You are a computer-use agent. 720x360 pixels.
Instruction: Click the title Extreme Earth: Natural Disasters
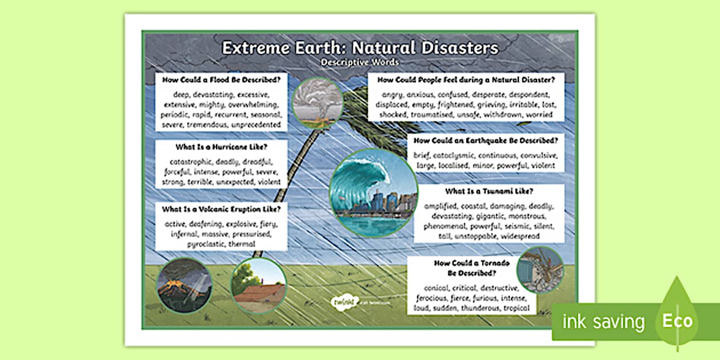pyautogui.click(x=360, y=47)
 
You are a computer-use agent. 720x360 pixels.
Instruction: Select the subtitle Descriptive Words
pyautogui.click(x=360, y=62)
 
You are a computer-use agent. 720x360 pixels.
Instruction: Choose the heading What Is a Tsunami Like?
pyautogui.click(x=493, y=191)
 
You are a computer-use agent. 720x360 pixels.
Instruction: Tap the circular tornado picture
pyautogui.click(x=317, y=103)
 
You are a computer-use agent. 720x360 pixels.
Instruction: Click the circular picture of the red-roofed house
pyautogui.click(x=258, y=286)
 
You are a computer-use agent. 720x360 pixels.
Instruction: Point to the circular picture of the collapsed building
pyautogui.click(x=540, y=270)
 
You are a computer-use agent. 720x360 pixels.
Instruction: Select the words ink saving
pyautogui.click(x=603, y=322)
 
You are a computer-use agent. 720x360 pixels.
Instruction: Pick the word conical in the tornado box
pyautogui.click(x=438, y=288)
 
